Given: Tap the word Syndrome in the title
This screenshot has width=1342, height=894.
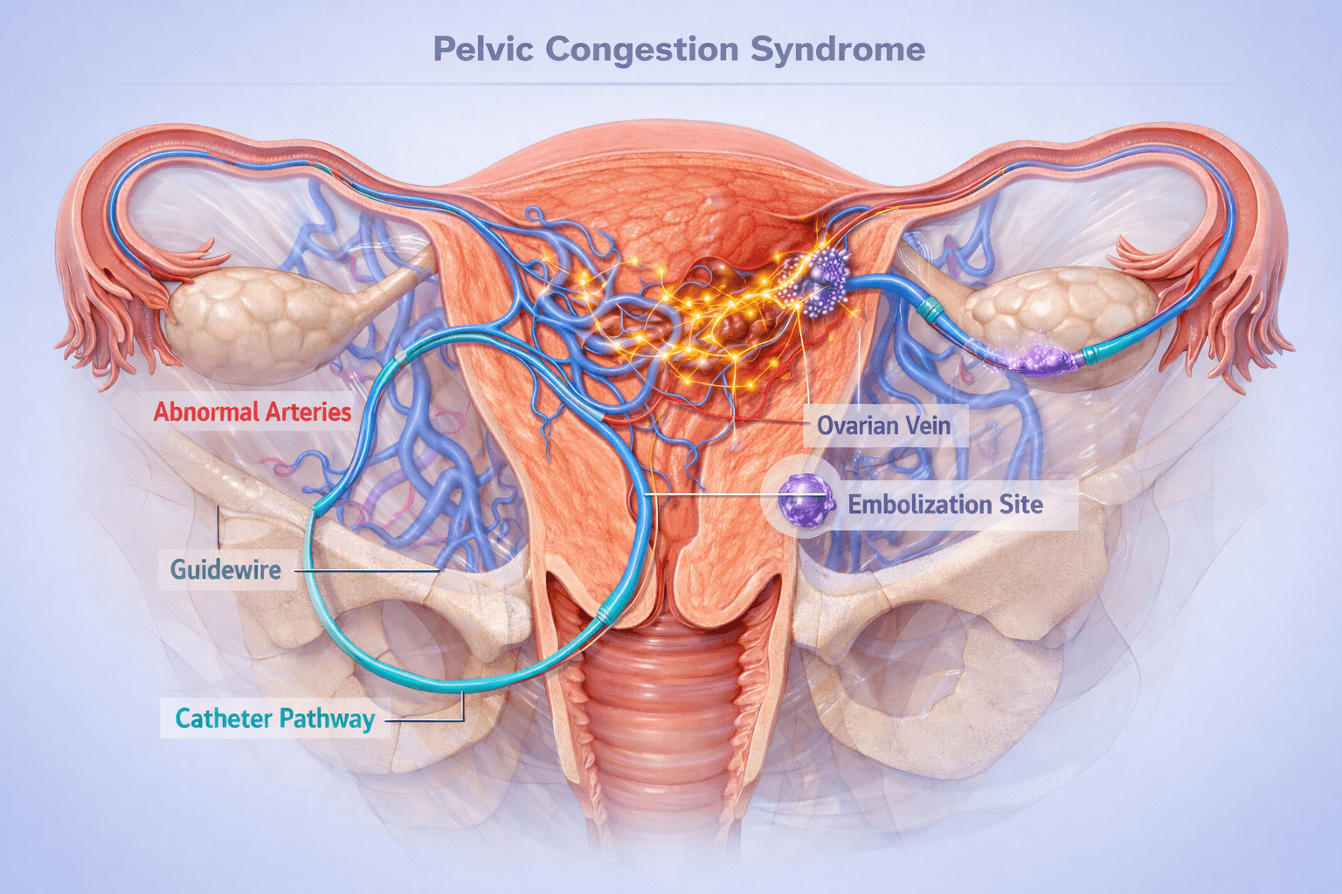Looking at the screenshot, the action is click(x=837, y=49).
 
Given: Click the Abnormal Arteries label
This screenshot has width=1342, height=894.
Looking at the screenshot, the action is click(x=252, y=412).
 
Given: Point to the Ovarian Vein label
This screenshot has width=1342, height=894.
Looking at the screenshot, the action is click(x=883, y=426).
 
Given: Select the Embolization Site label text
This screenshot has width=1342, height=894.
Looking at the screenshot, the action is click(x=945, y=505).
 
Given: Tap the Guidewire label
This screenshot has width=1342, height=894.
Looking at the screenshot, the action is click(x=226, y=569).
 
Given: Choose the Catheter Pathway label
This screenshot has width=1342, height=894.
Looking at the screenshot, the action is click(x=275, y=719).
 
